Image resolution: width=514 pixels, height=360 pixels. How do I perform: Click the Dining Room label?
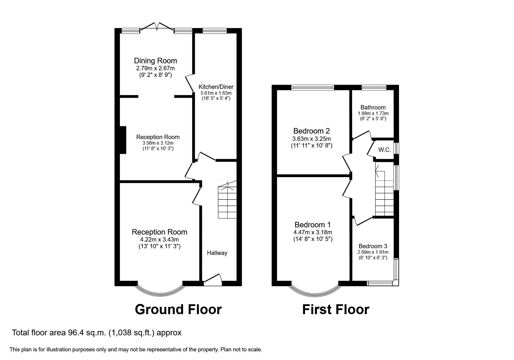155,61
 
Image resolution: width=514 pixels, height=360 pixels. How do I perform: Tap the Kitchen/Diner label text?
216,87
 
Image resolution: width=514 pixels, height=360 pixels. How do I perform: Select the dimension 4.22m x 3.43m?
159,240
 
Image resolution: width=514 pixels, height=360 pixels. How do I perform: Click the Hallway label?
217,253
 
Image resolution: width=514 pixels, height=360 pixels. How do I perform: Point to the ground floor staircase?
227,202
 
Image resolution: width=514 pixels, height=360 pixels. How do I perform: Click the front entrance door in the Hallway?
213,279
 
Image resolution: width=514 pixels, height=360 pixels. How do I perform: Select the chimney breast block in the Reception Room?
123,140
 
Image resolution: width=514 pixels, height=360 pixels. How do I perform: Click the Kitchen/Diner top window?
214,30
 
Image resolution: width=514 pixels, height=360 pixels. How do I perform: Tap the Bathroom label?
373,107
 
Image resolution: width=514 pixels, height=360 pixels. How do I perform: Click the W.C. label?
385,150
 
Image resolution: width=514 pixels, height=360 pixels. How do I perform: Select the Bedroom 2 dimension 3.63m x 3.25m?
311,139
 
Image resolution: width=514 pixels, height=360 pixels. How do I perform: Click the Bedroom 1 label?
313,225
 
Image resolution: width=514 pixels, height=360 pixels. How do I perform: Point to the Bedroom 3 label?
373,246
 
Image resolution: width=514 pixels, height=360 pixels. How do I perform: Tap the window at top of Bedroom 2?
313,87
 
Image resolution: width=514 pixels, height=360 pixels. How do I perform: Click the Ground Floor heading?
178,309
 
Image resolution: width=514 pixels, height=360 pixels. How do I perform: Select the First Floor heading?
336,309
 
